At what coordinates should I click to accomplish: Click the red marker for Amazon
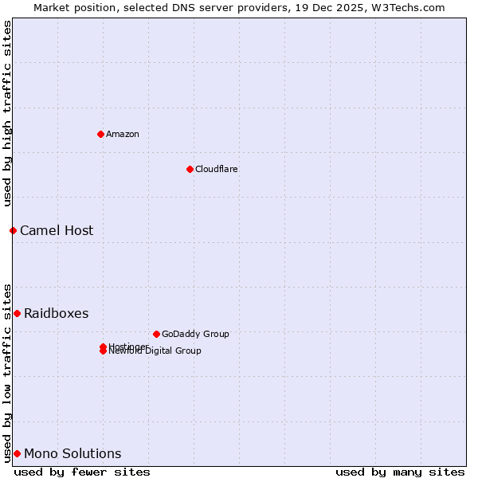pyautogui.click(x=100, y=134)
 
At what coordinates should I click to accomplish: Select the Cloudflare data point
pyautogui.click(x=190, y=169)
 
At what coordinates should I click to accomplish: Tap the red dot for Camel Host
pyautogui.click(x=13, y=230)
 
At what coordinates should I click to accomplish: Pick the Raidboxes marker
pyautogui.click(x=17, y=313)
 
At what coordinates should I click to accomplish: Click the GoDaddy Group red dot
pyautogui.click(x=156, y=334)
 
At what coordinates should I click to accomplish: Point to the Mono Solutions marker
pyautogui.click(x=17, y=453)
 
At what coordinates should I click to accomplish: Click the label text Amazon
pyautogui.click(x=123, y=134)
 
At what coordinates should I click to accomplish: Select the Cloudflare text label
pyautogui.click(x=216, y=169)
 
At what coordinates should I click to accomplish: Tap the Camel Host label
pyautogui.click(x=57, y=231)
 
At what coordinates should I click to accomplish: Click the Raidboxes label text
pyautogui.click(x=56, y=314)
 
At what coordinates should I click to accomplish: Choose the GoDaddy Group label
pyautogui.click(x=195, y=334)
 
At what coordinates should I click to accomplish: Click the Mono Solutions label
pyautogui.click(x=72, y=454)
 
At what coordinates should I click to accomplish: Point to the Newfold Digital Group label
pyautogui.click(x=155, y=351)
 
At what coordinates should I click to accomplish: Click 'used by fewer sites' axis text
pyautogui.click(x=82, y=472)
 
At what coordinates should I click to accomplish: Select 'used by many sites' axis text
pyautogui.click(x=400, y=472)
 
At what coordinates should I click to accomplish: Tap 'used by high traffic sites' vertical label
pyautogui.click(x=7, y=113)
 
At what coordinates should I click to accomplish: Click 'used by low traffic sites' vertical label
pyautogui.click(x=7, y=372)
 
